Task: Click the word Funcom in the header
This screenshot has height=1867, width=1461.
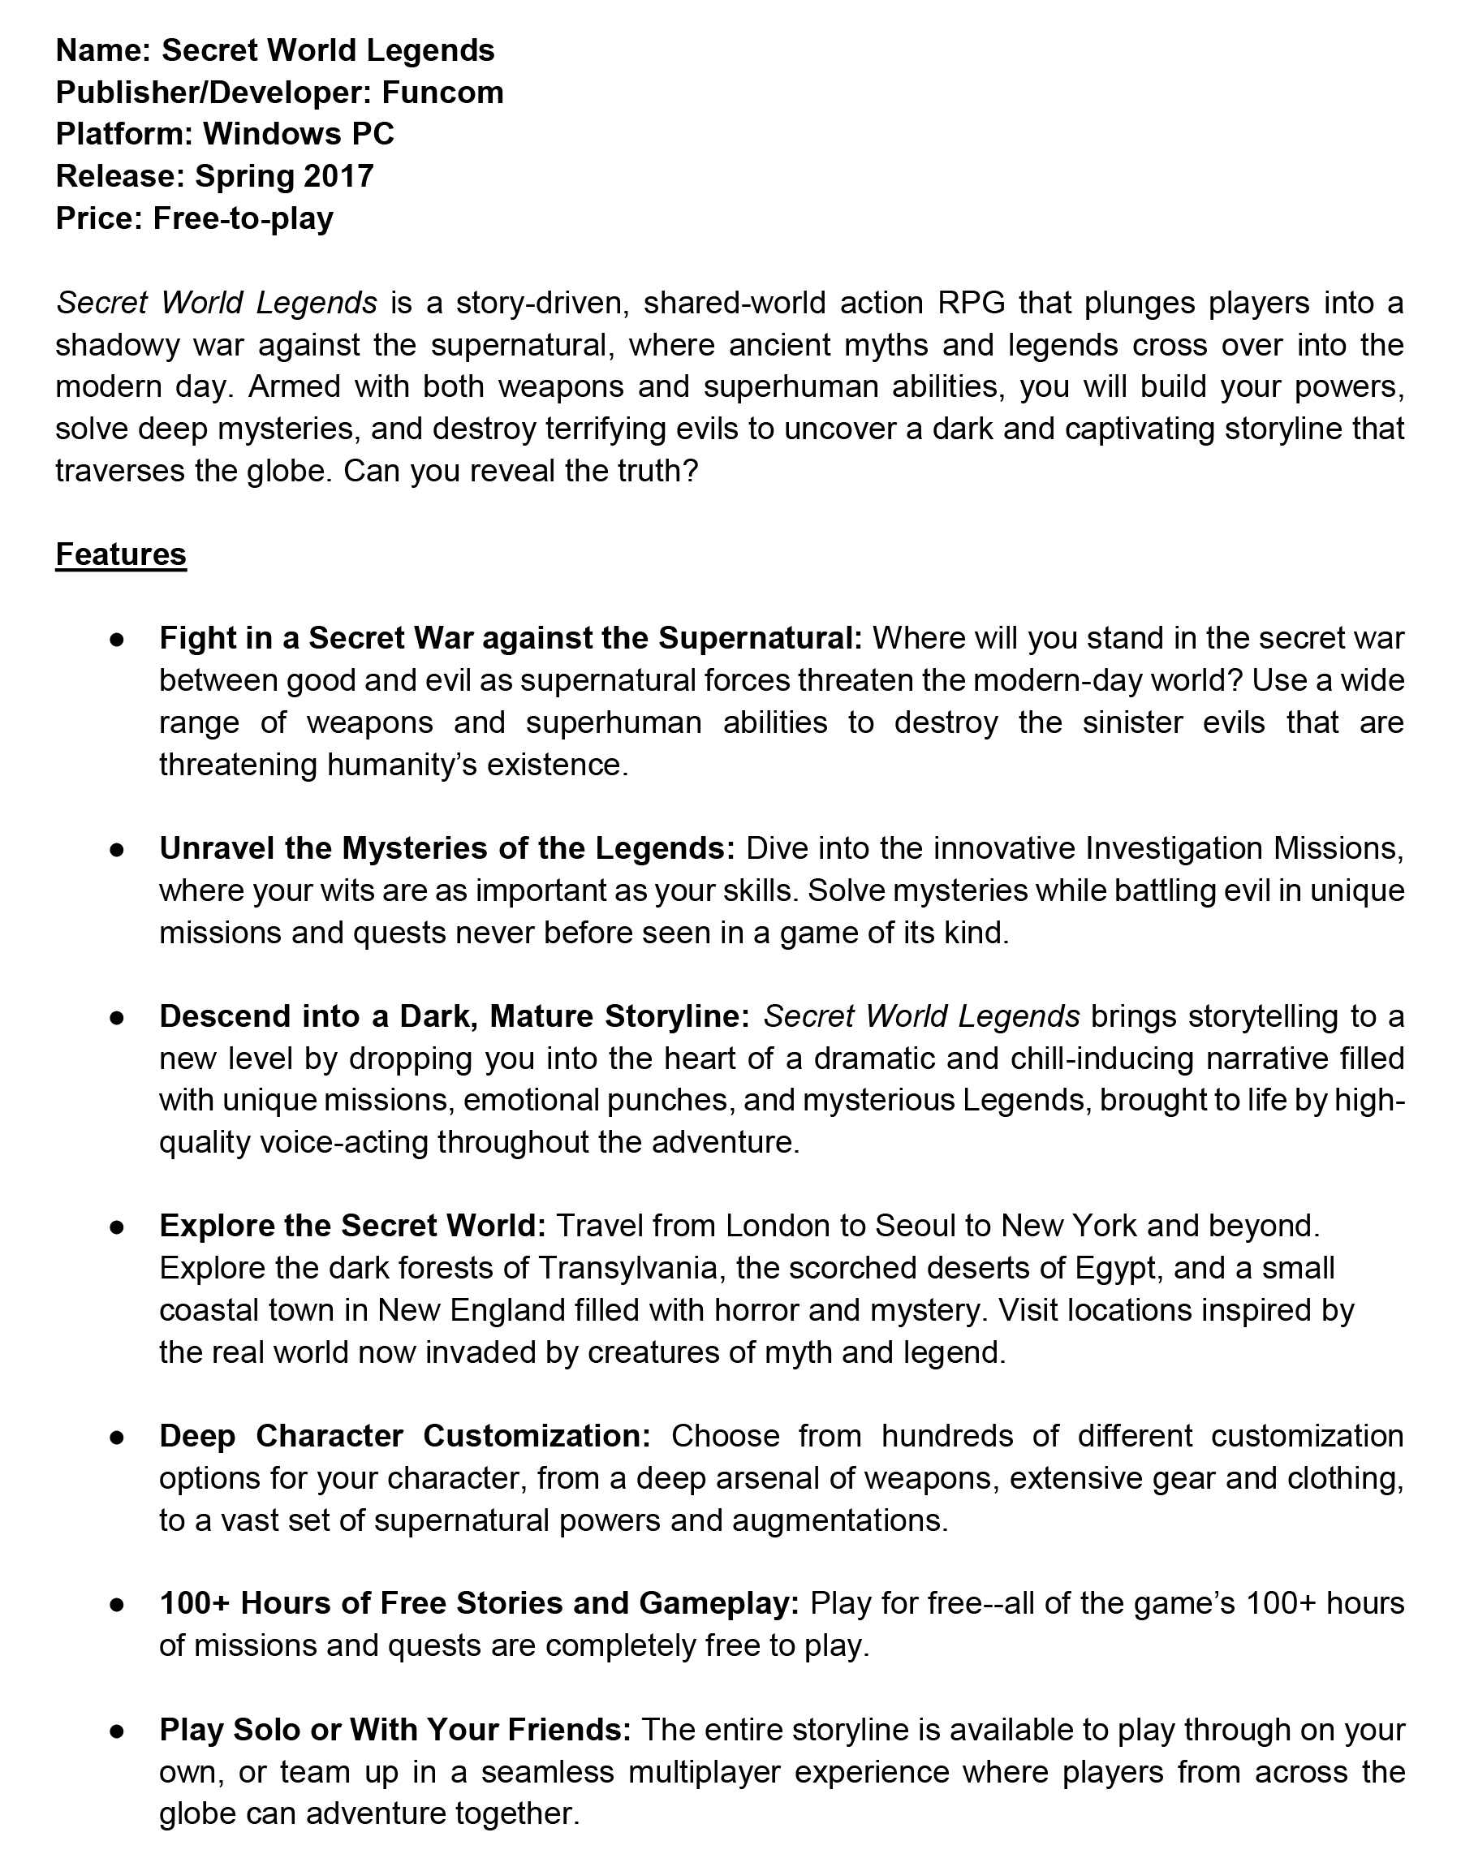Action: click(x=442, y=93)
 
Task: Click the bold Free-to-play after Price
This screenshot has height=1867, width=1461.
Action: click(x=243, y=218)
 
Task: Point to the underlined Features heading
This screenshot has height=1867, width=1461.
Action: click(x=121, y=554)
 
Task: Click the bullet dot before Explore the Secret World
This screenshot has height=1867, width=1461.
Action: click(x=117, y=1227)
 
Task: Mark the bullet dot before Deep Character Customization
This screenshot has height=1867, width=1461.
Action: click(x=117, y=1437)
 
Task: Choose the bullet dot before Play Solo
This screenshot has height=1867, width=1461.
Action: click(x=117, y=1731)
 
